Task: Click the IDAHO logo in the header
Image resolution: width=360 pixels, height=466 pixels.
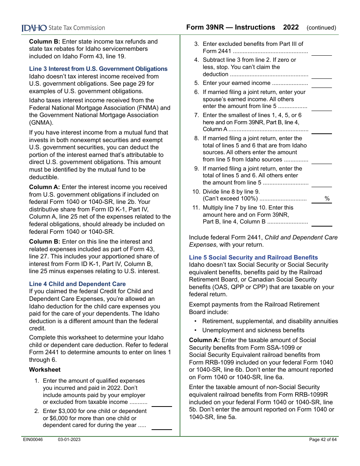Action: click(x=34, y=28)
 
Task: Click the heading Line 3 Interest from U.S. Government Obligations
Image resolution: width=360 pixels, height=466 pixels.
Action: click(x=98, y=69)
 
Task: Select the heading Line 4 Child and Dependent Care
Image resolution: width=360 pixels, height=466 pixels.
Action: click(x=77, y=284)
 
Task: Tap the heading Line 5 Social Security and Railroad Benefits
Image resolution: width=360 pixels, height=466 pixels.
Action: click(x=254, y=258)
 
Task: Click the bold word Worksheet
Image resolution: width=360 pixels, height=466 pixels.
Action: click(x=45, y=370)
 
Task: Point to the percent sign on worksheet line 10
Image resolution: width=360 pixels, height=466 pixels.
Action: click(x=327, y=199)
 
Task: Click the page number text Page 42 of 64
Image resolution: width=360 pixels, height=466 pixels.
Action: click(x=323, y=439)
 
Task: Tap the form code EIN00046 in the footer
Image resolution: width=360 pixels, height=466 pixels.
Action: click(x=32, y=439)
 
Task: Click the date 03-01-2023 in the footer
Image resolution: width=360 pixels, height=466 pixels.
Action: click(x=69, y=439)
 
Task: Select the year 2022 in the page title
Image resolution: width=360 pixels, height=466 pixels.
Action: click(x=291, y=27)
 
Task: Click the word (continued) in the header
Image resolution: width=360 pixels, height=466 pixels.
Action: click(x=321, y=28)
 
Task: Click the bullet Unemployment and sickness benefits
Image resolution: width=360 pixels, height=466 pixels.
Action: click(x=253, y=330)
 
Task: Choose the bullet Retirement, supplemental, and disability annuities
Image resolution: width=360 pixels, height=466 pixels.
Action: click(x=270, y=321)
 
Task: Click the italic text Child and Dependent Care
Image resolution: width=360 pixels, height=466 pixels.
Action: click(x=301, y=238)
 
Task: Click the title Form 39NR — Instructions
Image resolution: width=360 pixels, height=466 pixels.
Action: click(x=230, y=27)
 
